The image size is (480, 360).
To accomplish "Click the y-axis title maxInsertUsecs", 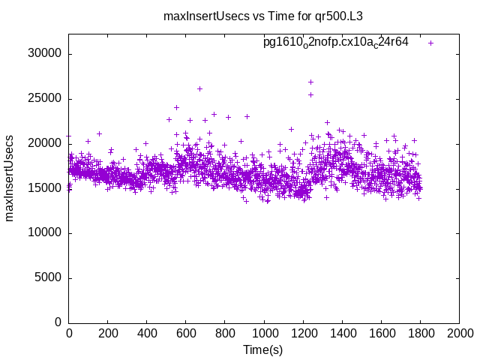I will click(10, 178).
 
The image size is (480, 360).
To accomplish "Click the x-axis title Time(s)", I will click(263, 349).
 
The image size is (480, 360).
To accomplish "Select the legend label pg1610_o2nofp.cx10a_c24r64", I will click(335, 42).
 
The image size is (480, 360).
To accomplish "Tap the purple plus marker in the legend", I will click(430, 43).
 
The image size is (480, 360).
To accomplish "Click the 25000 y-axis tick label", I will click(46, 99).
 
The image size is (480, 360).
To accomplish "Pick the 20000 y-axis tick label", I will click(46, 143).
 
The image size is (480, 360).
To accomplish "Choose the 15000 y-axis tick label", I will click(46, 188).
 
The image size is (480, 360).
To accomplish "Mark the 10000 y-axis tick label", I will click(46, 233).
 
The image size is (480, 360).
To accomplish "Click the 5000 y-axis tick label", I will click(49, 277).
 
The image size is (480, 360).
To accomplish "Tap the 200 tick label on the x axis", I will click(108, 334).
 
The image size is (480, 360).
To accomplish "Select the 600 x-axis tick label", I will click(186, 334).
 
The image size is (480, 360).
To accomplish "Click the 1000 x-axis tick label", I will click(264, 334).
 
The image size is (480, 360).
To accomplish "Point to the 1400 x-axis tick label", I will click(342, 334).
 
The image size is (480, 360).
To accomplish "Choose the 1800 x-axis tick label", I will click(420, 334).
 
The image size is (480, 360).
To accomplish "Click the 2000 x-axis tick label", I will click(459, 334).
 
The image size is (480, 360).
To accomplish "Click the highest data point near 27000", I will click(310, 82).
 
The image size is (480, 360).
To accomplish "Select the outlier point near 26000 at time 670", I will click(199, 88).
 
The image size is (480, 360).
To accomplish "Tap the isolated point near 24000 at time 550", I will click(176, 107).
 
